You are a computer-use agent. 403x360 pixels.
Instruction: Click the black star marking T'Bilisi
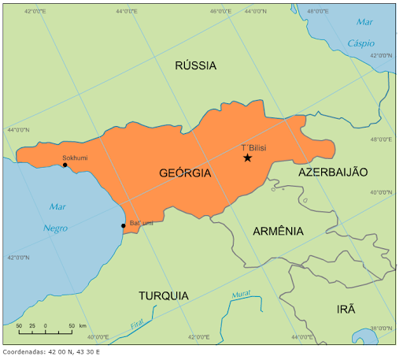[x=247, y=158]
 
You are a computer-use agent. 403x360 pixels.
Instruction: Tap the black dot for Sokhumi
[x=65, y=165]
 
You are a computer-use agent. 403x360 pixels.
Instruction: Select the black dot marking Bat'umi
[x=123, y=226]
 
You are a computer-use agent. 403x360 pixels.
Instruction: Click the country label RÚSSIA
[x=195, y=65]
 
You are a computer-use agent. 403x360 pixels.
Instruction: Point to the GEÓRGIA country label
[x=185, y=173]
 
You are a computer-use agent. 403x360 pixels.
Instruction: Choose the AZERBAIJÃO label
[x=333, y=172]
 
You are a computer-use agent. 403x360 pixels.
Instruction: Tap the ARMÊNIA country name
[x=278, y=231]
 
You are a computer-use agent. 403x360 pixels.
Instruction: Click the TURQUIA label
[x=164, y=295]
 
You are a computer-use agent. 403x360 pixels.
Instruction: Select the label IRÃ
[x=346, y=309]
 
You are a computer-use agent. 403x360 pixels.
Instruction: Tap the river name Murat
[x=241, y=295]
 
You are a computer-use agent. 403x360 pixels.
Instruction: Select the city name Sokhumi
[x=76, y=158]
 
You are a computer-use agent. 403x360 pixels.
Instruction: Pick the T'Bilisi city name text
[x=253, y=148]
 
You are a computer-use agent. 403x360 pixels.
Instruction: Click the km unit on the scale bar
[x=83, y=325]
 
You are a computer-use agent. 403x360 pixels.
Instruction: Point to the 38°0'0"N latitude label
[x=381, y=328]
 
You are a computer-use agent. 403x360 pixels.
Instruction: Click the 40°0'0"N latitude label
[x=381, y=191]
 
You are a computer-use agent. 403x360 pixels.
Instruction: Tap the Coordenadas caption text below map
[x=52, y=351]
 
